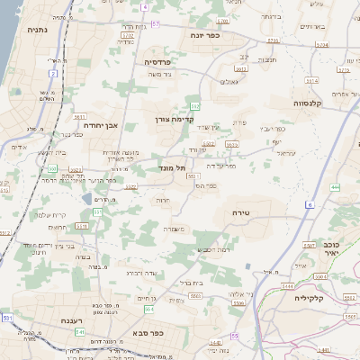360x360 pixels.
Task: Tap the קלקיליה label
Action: click(309, 296)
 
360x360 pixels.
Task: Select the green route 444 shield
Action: click(335, 187)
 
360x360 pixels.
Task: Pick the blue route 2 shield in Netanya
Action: click(53, 73)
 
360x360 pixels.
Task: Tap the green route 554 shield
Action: click(148, 309)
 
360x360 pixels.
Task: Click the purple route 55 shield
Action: click(235, 336)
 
